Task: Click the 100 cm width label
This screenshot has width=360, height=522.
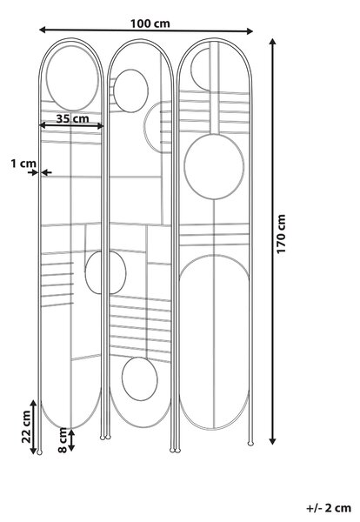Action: [x=150, y=23]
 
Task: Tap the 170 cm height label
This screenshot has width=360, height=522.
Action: [x=281, y=234]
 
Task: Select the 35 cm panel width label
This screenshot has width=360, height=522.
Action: [x=72, y=118]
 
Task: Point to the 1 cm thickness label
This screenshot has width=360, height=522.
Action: [x=23, y=164]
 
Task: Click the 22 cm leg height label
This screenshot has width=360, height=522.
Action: [x=26, y=426]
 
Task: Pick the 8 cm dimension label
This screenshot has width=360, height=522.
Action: [x=63, y=440]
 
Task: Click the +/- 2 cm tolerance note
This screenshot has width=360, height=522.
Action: [x=329, y=508]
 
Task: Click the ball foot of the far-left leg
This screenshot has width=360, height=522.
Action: [x=40, y=452]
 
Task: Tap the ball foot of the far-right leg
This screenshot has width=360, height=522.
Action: [x=250, y=443]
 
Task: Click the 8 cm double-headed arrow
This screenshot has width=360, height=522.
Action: [x=71, y=440]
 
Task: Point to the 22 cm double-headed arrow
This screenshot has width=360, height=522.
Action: [x=33, y=427]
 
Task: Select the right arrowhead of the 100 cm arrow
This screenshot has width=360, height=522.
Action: [x=250, y=31]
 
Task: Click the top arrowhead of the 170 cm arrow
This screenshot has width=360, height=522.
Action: [x=272, y=42]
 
